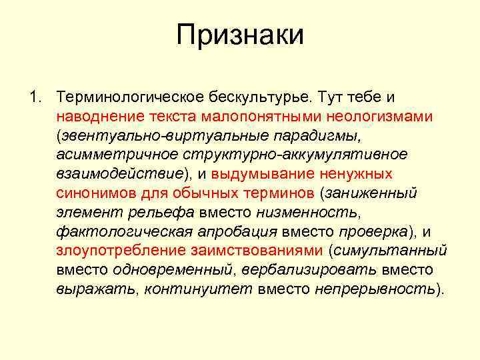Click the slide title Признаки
tap(240, 35)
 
